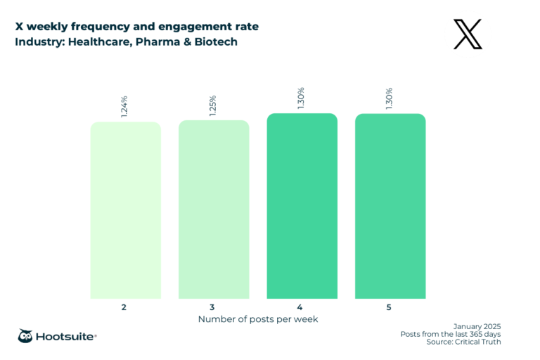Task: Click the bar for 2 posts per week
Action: (125, 210)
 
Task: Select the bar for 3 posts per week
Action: (214, 210)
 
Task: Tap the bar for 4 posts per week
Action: (302, 206)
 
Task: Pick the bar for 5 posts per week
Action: (390, 206)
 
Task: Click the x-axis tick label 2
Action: (125, 307)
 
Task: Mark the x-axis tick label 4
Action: (302, 307)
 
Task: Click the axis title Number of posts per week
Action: (257, 319)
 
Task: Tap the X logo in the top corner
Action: (468, 34)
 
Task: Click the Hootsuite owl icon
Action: (25, 336)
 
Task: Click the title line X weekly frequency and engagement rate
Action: (136, 27)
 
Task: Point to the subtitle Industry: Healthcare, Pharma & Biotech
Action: (126, 41)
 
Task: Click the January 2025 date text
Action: (477, 326)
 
